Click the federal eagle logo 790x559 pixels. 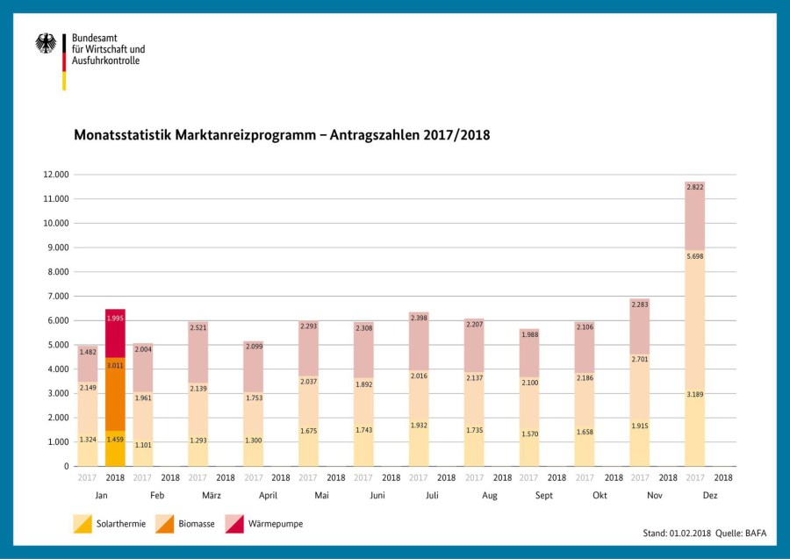pos(46,44)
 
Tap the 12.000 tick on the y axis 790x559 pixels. pos(55,175)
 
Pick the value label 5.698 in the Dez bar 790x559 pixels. pos(694,256)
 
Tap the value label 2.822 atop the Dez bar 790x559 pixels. pos(694,188)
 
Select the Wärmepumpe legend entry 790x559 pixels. pos(263,524)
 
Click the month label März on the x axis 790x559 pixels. pos(212,495)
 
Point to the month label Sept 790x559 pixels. pos(542,495)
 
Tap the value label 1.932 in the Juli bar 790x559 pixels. pos(419,425)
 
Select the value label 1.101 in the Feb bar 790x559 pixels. pos(143,444)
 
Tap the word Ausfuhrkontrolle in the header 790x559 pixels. pos(105,61)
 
